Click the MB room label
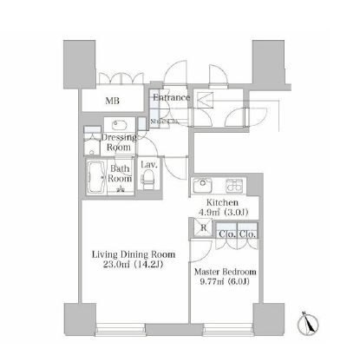pyautogui.click(x=113, y=101)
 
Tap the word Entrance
pyautogui.click(x=171, y=97)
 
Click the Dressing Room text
pyautogui.click(x=118, y=143)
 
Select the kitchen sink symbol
pyautogui.click(x=202, y=184)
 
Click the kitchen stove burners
pyautogui.click(x=234, y=185)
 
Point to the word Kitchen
pyautogui.click(x=219, y=201)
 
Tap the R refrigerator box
pyautogui.click(x=201, y=230)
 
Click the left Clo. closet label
pyautogui.click(x=226, y=234)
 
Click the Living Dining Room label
pyautogui.click(x=134, y=254)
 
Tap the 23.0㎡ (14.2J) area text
pyautogui.click(x=134, y=267)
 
